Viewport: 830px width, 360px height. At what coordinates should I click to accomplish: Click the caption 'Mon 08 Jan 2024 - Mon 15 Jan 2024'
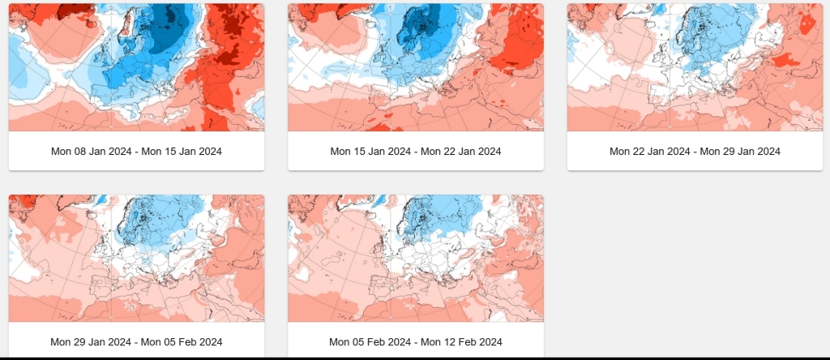136,152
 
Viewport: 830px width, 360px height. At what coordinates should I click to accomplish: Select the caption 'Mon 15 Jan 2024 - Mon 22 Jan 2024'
415,152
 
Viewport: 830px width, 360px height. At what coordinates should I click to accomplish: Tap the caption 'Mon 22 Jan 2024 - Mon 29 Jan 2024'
695,152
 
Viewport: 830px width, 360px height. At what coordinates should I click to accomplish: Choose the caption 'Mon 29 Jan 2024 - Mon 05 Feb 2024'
136,342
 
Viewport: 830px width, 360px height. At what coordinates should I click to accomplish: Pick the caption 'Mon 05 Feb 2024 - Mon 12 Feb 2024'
415,342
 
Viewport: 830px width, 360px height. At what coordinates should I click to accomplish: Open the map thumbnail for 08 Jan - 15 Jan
136,66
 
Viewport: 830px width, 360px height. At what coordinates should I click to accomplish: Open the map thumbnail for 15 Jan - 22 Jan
415,66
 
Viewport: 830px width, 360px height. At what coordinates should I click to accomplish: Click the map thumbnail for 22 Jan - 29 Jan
695,66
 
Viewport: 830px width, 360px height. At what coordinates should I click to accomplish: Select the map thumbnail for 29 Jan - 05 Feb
136,258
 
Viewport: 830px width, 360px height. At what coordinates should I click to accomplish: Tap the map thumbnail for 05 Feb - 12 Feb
415,258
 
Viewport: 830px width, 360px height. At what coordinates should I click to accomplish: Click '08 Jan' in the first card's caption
86,152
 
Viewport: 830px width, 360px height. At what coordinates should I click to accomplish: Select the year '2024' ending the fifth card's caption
490,342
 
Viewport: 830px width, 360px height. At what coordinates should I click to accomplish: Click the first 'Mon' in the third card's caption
620,152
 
